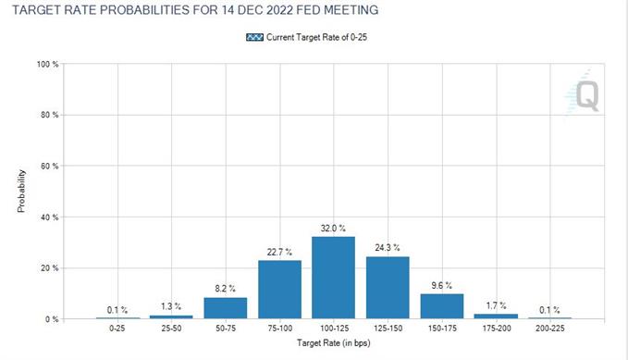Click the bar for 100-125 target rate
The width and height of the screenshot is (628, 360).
click(333, 278)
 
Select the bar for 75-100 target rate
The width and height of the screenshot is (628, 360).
click(278, 290)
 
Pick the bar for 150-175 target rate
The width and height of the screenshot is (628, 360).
click(442, 306)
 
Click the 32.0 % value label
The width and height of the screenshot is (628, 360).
click(333, 228)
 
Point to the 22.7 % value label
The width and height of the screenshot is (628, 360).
click(278, 252)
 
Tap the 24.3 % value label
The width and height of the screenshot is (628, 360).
click(388, 247)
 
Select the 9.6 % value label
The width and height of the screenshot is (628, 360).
click(442, 285)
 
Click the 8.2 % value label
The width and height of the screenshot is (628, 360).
click(224, 289)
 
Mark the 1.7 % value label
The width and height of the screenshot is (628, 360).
click(497, 305)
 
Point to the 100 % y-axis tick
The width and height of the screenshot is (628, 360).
click(48, 64)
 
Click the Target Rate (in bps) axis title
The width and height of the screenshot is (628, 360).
click(333, 344)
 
